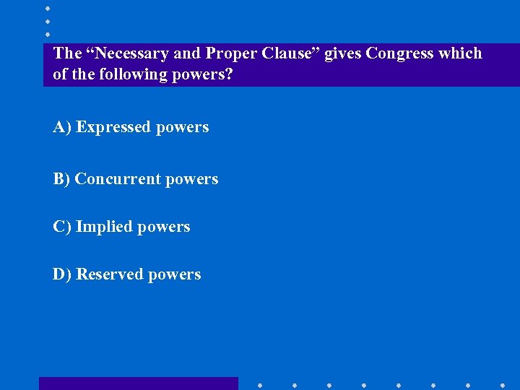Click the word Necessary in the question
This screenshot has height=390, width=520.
(x=129, y=53)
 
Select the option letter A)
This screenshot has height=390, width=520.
(x=62, y=127)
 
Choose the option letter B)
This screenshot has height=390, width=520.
(x=61, y=179)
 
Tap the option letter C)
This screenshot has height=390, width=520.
(x=62, y=227)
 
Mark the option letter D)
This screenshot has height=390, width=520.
(x=62, y=274)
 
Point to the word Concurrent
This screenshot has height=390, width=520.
(x=118, y=179)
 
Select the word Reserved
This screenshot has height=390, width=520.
(x=109, y=274)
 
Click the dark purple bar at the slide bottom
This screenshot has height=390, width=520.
(x=138, y=383)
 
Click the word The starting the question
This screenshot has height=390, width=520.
(x=67, y=53)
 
